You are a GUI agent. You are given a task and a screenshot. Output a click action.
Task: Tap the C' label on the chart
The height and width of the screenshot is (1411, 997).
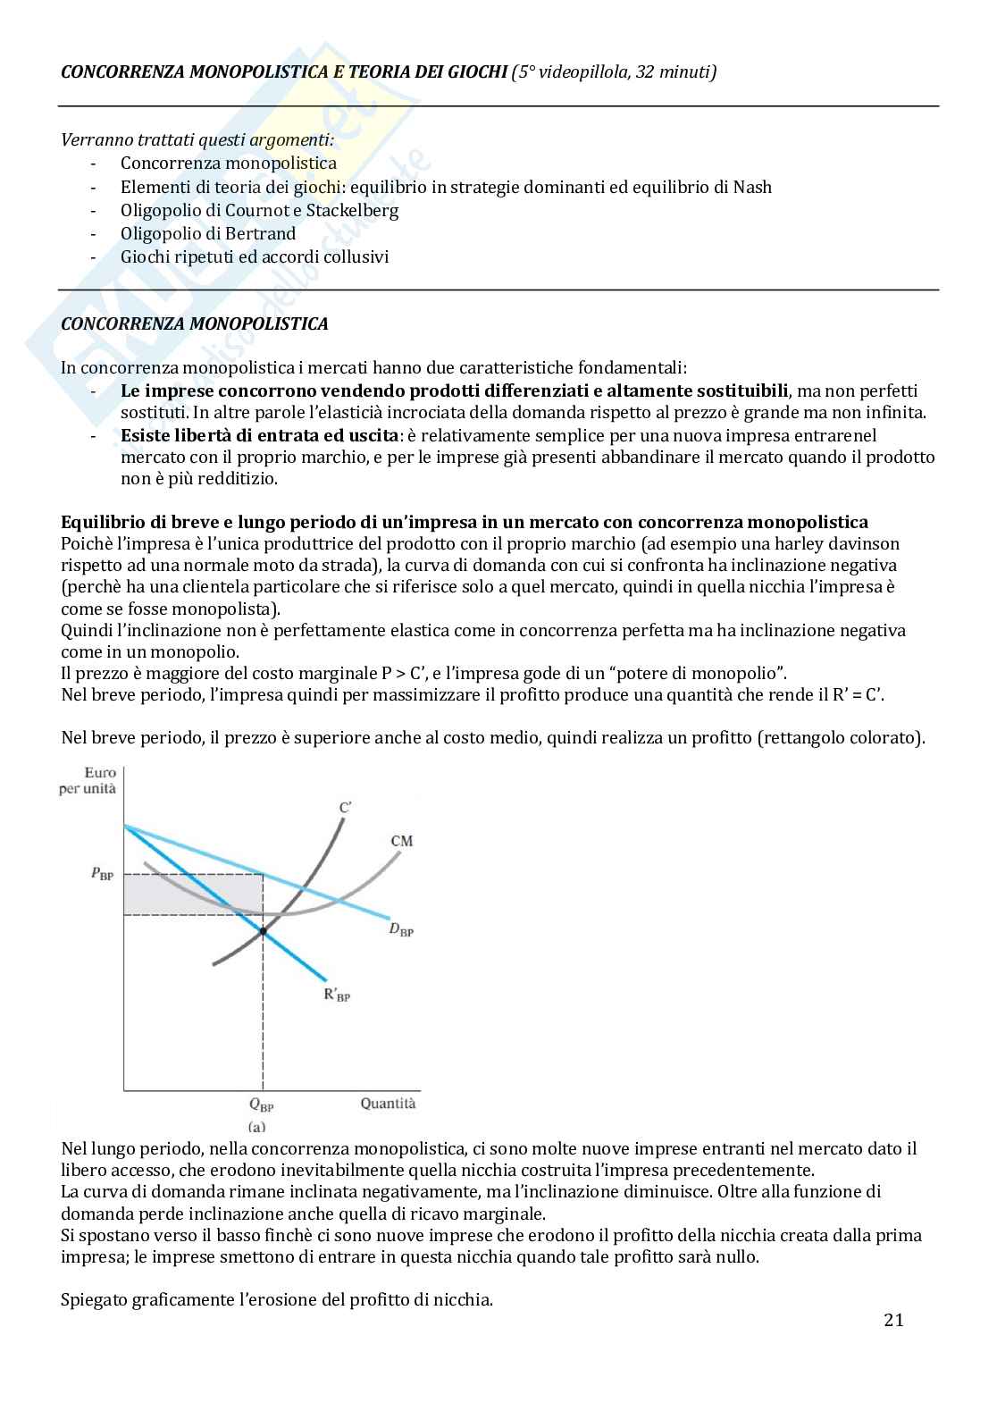[x=345, y=808]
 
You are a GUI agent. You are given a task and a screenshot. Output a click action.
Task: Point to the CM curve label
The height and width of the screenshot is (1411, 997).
[x=402, y=841]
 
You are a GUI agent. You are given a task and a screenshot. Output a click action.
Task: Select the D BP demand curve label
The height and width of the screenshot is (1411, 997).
[x=401, y=929]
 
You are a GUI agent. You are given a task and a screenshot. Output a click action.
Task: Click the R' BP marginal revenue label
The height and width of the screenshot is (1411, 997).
[x=337, y=995]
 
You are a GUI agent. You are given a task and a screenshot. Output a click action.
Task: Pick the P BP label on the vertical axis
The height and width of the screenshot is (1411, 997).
[x=102, y=875]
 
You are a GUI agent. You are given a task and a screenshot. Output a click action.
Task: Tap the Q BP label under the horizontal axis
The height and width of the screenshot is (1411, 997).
[x=262, y=1105]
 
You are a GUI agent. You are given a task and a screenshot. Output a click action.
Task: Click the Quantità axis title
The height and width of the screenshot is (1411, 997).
[x=388, y=1104]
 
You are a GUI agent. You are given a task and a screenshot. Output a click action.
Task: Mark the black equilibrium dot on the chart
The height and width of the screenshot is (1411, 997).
[x=263, y=931]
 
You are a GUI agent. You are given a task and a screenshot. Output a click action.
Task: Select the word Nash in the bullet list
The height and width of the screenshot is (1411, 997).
[x=751, y=187]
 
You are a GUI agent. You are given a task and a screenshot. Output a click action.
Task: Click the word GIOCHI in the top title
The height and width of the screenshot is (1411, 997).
[x=476, y=72]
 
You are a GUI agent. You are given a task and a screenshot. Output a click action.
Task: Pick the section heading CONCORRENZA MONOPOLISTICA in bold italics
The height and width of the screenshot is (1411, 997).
[x=194, y=323]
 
